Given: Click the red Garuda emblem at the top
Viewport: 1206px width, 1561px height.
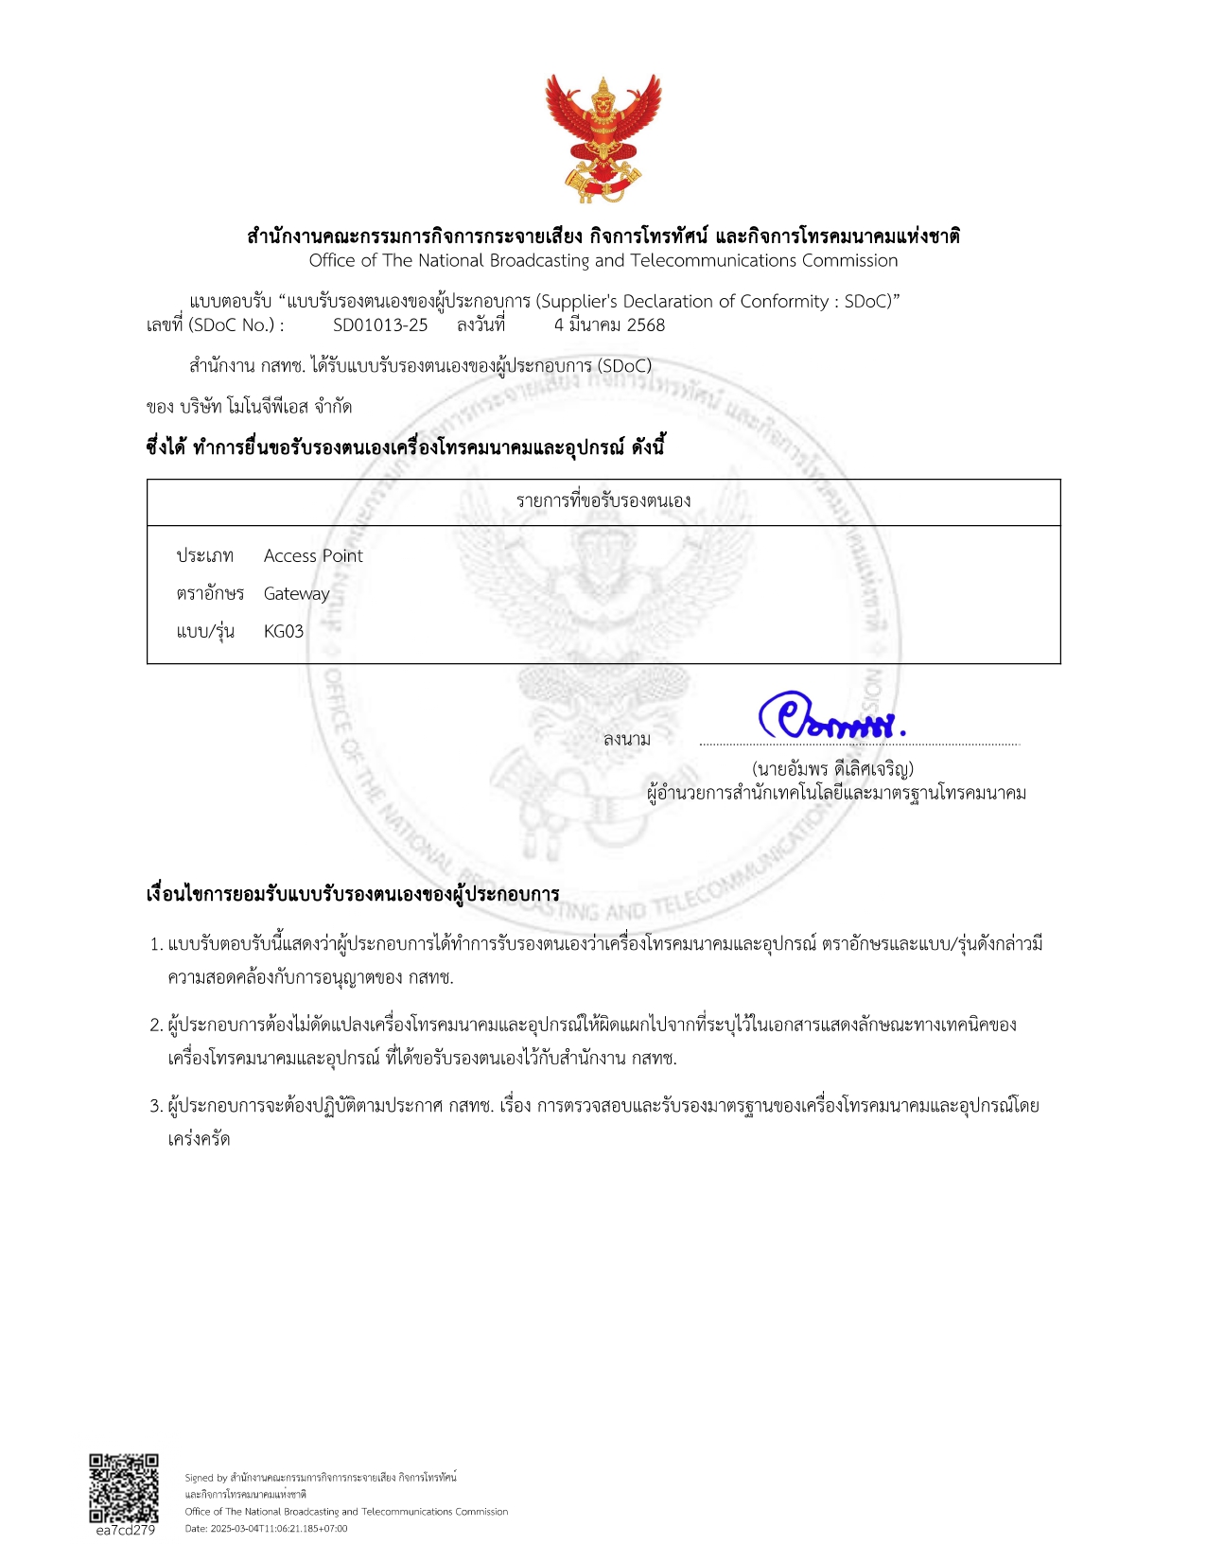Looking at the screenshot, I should click(x=603, y=139).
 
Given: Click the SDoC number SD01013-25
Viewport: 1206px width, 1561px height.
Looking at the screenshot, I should click(x=380, y=325).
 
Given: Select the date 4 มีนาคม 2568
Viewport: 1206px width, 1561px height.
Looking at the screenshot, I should click(x=609, y=325).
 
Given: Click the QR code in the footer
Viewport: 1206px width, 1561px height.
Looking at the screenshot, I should click(x=124, y=1488).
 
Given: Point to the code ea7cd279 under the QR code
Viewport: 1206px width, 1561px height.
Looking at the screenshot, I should click(x=125, y=1530).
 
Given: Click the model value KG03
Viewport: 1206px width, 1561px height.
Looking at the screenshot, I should click(x=284, y=632).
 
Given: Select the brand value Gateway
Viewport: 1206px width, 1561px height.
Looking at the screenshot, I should click(x=296, y=594).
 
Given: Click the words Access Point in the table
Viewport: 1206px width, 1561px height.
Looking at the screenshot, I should click(x=313, y=556).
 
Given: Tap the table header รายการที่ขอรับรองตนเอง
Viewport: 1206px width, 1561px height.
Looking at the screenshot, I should click(x=603, y=501).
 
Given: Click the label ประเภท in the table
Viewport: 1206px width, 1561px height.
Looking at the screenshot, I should click(x=204, y=556).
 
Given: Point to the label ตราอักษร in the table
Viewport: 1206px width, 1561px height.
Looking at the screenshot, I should click(x=210, y=594).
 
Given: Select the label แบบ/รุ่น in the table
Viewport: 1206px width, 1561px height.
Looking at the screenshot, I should click(x=205, y=632).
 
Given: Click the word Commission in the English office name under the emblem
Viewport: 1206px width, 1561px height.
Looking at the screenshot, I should click(x=849, y=261).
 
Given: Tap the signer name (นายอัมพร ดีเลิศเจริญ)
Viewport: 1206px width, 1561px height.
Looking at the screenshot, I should click(x=832, y=769).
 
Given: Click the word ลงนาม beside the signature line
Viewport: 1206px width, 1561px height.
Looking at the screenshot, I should click(x=627, y=739).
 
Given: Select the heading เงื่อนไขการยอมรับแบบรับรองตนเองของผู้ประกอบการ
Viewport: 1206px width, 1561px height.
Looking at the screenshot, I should click(x=353, y=895).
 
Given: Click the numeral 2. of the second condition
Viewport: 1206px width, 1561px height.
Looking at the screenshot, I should click(x=156, y=1026).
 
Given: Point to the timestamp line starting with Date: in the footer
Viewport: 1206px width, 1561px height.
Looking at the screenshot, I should click(x=266, y=1528).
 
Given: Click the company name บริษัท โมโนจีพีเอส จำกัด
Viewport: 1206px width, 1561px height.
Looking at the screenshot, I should click(x=266, y=407).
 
